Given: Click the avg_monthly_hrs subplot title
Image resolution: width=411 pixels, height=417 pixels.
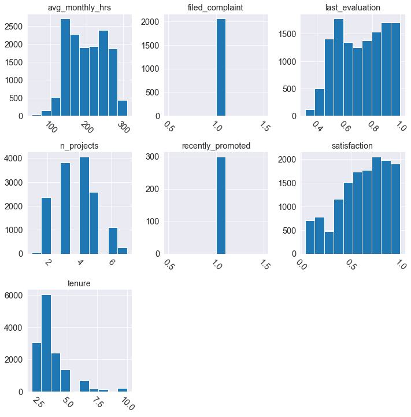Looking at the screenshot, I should [x=80, y=8].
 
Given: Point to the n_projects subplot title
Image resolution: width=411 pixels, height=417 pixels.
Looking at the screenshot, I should [x=80, y=145].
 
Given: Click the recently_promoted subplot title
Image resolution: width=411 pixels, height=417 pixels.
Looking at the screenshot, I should [x=216, y=145].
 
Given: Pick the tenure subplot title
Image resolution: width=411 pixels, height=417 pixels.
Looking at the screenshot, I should [x=80, y=283].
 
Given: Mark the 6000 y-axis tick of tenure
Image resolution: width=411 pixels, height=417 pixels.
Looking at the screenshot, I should [x=16, y=296].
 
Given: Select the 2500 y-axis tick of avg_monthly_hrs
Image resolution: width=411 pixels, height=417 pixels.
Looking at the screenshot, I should [x=13, y=27].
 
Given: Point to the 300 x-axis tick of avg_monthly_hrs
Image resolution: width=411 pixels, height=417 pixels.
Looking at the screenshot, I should [x=121, y=127].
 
